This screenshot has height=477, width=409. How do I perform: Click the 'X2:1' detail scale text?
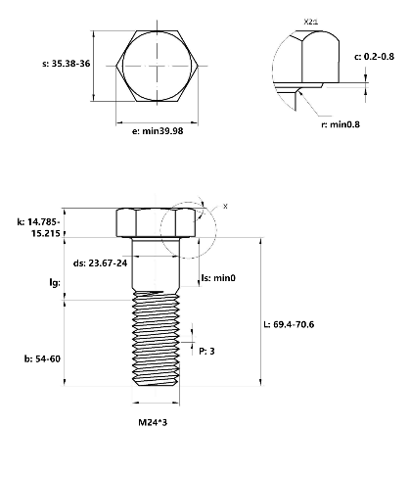[312, 20]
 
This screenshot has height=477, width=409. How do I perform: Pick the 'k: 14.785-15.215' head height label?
[35, 228]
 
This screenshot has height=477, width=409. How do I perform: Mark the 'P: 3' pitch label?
[206, 351]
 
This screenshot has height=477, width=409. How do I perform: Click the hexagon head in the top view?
[157, 65]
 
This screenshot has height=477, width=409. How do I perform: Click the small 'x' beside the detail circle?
[224, 207]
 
